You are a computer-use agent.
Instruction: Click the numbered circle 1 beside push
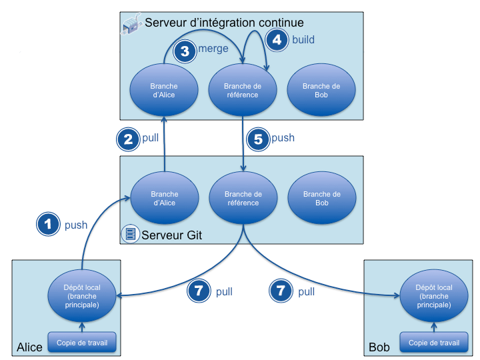click(x=48, y=225)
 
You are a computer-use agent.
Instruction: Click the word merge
click(x=213, y=49)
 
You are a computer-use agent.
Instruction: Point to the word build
click(x=303, y=39)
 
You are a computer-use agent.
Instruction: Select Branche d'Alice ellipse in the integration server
click(x=163, y=91)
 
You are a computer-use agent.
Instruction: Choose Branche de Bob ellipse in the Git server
click(x=321, y=199)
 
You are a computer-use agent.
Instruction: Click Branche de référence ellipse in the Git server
click(x=242, y=199)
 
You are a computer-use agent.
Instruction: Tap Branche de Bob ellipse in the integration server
click(x=321, y=91)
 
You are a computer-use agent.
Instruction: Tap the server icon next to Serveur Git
click(x=130, y=234)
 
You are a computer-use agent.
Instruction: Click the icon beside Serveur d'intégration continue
click(x=131, y=25)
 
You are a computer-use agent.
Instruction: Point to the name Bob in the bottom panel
click(x=379, y=347)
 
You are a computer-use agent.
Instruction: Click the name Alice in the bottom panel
click(x=29, y=347)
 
